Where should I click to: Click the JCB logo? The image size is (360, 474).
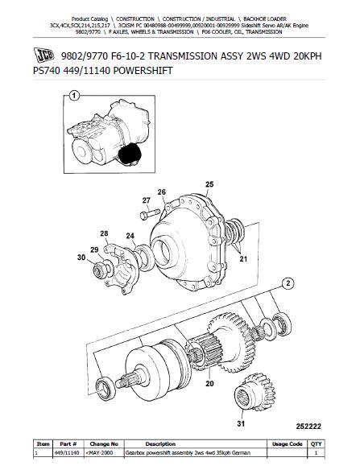[x=43, y=55]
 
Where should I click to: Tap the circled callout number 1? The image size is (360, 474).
[x=74, y=97]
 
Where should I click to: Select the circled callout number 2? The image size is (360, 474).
[x=288, y=283]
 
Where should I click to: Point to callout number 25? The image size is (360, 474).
[x=209, y=184]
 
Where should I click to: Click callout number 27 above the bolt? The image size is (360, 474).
[x=147, y=200]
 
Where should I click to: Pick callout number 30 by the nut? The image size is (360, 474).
[x=81, y=258]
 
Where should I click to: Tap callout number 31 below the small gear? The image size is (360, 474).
[x=241, y=423]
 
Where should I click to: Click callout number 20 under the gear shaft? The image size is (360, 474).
[x=209, y=383]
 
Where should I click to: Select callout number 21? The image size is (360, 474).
[x=243, y=259]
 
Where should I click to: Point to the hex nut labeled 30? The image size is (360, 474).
[x=99, y=270]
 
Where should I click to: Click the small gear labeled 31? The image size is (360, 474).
[x=255, y=392]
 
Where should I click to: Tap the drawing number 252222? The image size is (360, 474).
[x=308, y=427]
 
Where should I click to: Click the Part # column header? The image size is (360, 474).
[x=68, y=443]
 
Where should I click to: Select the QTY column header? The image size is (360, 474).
[x=316, y=443]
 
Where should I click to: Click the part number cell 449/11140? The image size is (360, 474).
[x=67, y=453]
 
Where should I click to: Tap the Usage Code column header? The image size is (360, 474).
[x=287, y=443]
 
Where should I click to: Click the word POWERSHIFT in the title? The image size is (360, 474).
[x=143, y=71]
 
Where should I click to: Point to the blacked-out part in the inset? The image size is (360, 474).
[x=130, y=155]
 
